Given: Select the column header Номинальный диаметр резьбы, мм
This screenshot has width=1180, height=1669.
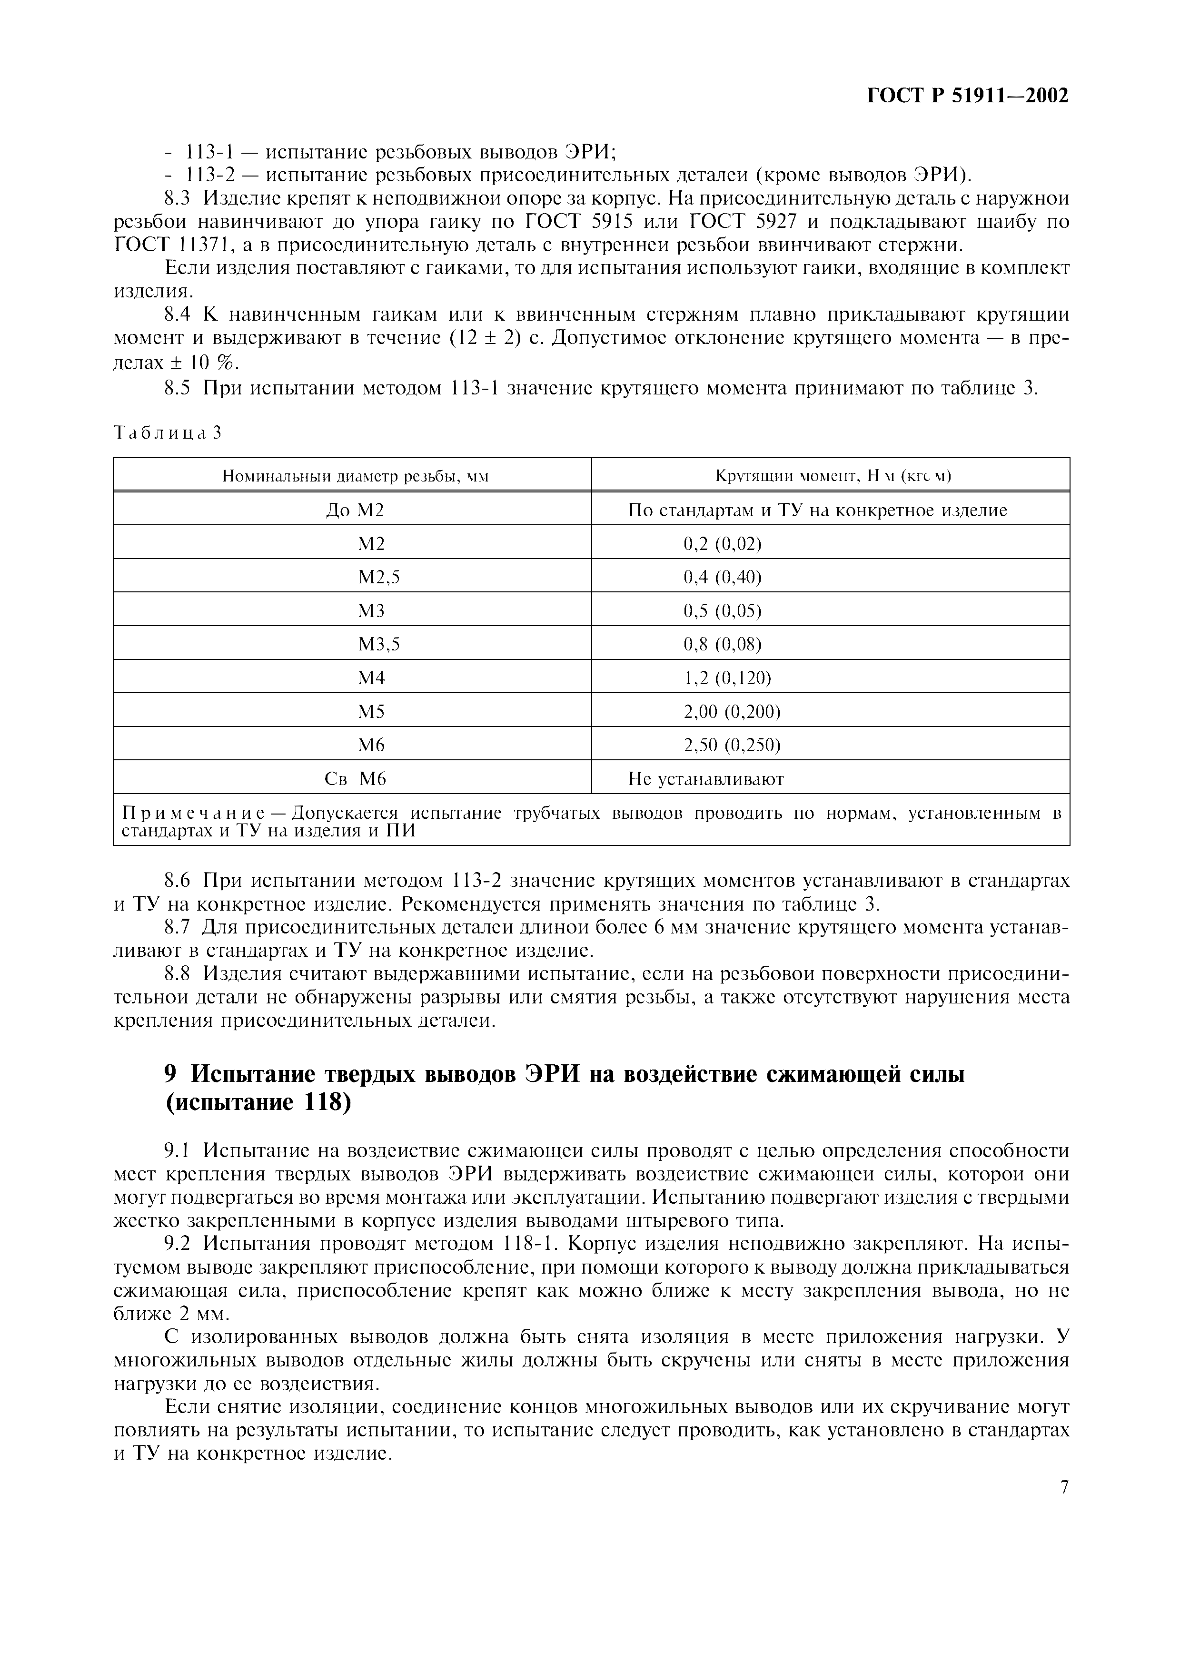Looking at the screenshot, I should [355, 477].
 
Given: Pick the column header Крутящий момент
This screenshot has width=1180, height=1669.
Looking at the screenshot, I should [833, 476].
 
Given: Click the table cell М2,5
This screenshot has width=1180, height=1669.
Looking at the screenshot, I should [379, 577].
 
